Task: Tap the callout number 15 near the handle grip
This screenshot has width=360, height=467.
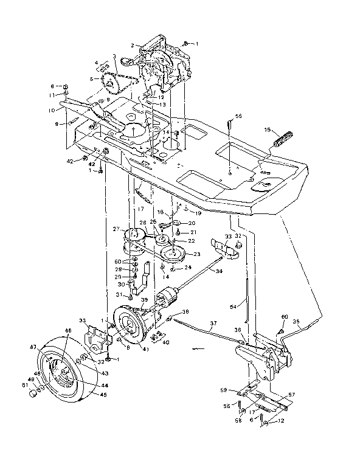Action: [266, 130]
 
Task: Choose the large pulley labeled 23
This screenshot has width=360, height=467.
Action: [176, 250]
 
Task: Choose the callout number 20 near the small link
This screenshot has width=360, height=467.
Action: [193, 223]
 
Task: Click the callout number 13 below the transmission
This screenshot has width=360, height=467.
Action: [164, 104]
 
